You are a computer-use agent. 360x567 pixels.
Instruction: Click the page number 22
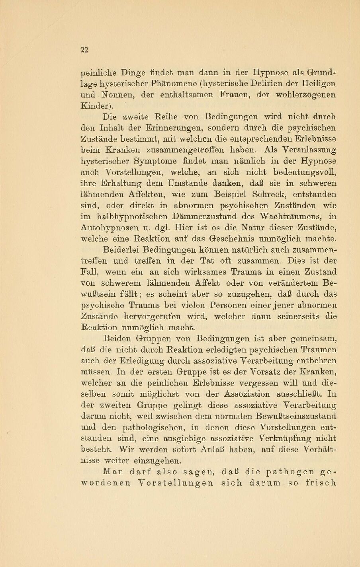[x=84, y=50]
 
